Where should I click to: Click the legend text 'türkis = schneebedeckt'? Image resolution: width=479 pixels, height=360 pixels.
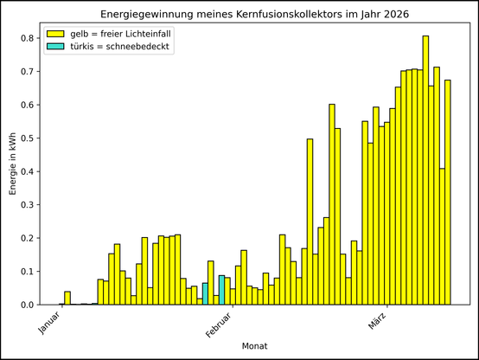pyautogui.click(x=121, y=47)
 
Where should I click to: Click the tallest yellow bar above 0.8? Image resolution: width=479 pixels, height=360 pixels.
pyautogui.click(x=425, y=170)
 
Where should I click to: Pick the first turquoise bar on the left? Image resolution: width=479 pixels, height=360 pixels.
pyautogui.click(x=205, y=293)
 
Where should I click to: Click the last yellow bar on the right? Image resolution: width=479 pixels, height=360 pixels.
pyautogui.click(x=448, y=192)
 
